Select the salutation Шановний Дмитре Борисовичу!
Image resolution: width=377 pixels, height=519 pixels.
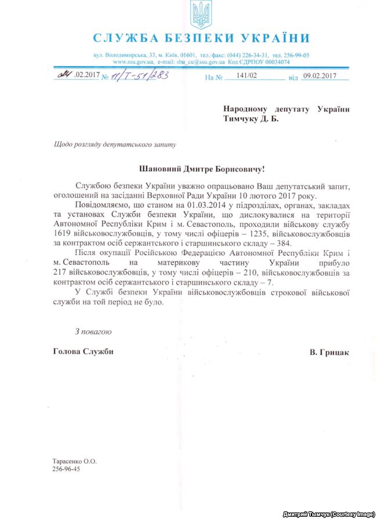(201, 169)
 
